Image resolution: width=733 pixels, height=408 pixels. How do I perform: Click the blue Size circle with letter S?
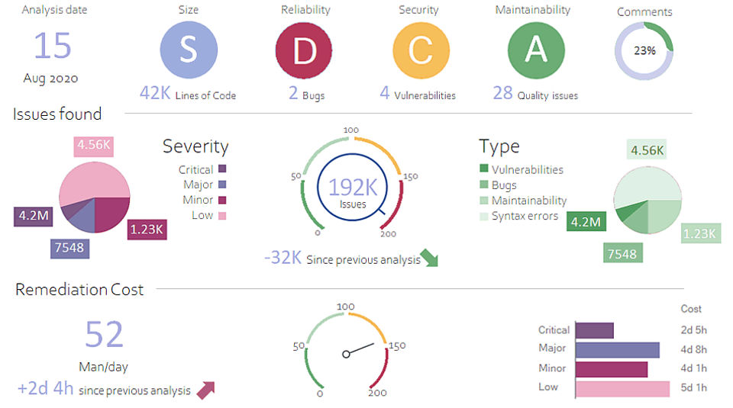pos(188,50)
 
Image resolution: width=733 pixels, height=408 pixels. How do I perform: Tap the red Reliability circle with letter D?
pos(305,50)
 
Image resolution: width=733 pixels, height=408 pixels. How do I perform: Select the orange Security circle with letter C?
pos(421,50)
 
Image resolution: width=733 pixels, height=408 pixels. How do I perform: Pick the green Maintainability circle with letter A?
pos(536,50)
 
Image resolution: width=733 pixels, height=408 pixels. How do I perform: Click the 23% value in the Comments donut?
pos(644,52)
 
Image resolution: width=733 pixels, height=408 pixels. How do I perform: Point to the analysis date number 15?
pos(53,46)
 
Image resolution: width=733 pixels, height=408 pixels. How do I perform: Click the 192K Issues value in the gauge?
pos(352,188)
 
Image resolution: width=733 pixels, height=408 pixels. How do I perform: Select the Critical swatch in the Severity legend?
pos(222,169)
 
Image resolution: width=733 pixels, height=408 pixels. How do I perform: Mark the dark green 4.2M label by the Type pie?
pos(586,223)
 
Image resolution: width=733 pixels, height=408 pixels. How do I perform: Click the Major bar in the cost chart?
pos(617,349)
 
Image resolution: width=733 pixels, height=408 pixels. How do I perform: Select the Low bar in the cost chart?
pos(622,388)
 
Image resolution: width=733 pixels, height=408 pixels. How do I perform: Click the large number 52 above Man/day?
pos(104,334)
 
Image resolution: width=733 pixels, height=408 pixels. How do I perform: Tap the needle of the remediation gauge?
pos(360,349)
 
